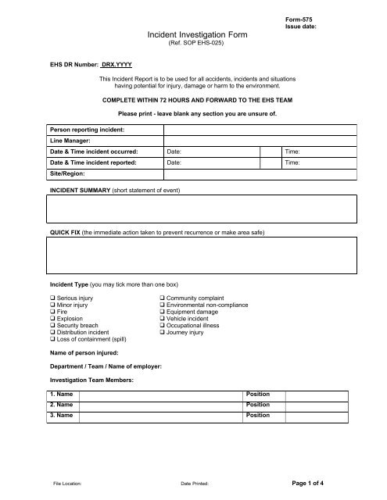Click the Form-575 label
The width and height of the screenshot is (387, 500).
301,16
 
